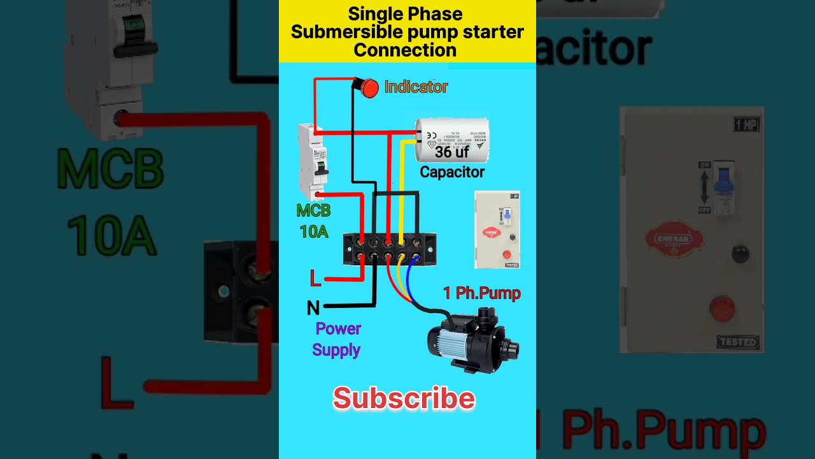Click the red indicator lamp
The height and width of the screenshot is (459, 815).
click(369, 88)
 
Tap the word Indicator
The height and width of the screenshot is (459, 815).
click(416, 87)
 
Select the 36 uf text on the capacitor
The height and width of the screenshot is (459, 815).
click(452, 152)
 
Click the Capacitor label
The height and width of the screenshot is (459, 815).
click(452, 172)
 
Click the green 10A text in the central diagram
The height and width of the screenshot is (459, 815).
click(314, 231)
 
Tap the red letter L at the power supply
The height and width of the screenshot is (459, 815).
click(315, 279)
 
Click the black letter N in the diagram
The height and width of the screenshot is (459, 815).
click(313, 309)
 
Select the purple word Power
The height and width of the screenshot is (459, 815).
click(338, 329)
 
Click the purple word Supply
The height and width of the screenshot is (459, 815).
click(336, 350)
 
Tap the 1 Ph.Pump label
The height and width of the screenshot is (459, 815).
click(482, 293)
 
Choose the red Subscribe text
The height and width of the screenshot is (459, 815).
click(404, 399)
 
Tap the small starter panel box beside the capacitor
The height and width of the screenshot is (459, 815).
click(497, 229)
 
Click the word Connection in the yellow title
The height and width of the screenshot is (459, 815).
click(405, 50)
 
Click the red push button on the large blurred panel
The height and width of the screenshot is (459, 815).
click(722, 309)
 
